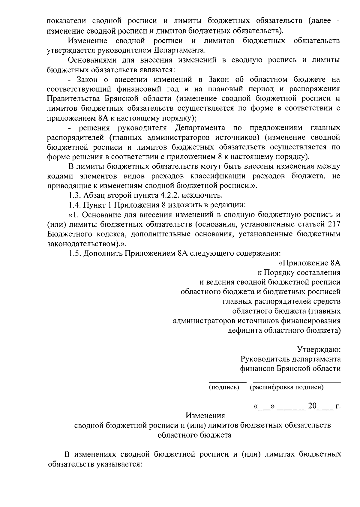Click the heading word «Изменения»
click(205, 416)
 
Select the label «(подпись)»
click(224, 387)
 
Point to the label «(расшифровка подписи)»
click(286, 387)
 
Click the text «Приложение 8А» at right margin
click(312, 263)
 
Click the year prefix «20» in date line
click(312, 406)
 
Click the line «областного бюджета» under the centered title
click(194, 435)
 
